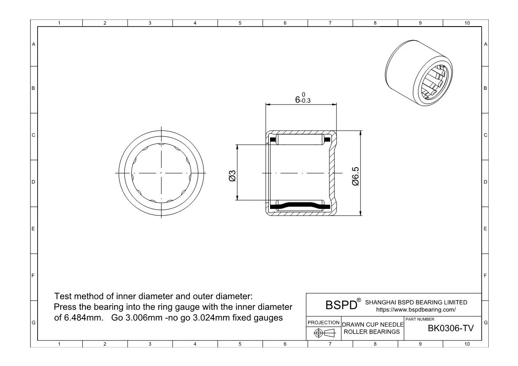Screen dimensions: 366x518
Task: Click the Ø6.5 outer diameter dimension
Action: [x=356, y=176]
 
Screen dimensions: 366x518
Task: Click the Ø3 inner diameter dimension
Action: [x=231, y=175]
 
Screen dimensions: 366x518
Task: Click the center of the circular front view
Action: [x=161, y=172]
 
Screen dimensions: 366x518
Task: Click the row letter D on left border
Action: [x=33, y=182]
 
